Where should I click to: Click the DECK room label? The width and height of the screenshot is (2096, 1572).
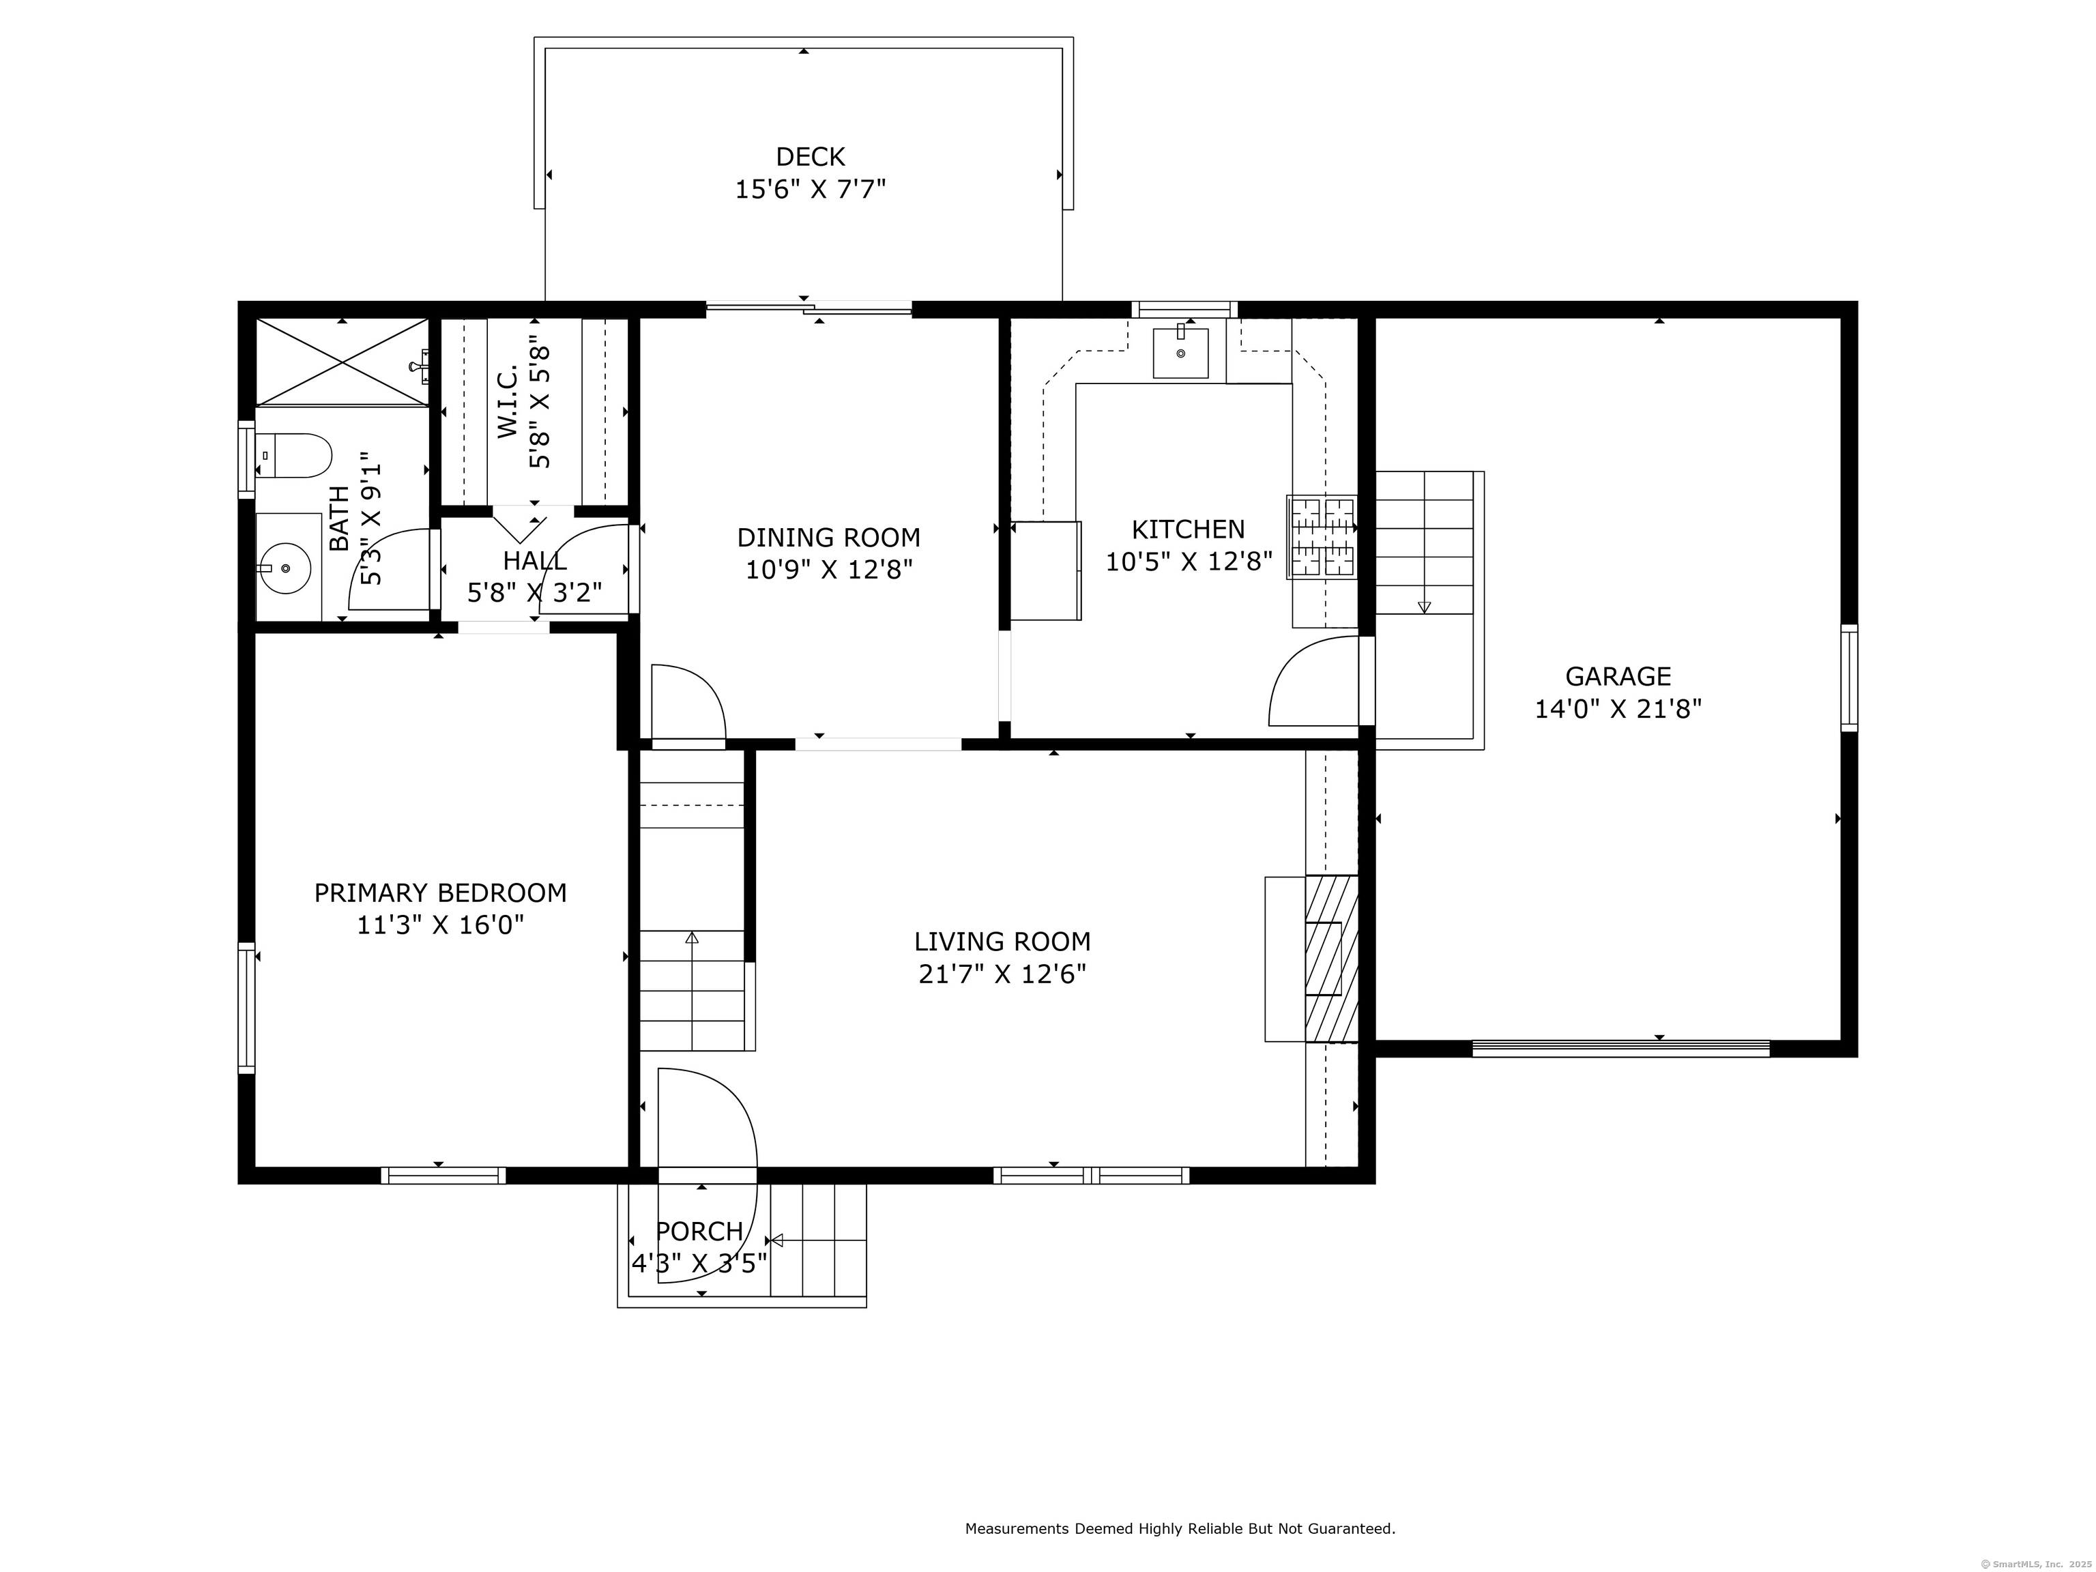point(810,156)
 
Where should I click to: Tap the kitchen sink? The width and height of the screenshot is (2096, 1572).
point(1180,353)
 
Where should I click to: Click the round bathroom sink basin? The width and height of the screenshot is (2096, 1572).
point(285,568)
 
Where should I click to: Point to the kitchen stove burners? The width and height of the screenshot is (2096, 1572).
point(1322,537)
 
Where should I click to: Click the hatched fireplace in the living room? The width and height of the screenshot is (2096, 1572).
point(1331,958)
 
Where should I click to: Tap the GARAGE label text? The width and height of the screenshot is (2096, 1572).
point(1618,677)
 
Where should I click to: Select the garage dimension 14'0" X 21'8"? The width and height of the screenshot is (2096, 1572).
point(1618,709)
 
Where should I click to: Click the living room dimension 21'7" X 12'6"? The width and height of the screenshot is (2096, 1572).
point(1002,974)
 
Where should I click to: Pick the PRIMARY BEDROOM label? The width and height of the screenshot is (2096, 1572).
point(441,892)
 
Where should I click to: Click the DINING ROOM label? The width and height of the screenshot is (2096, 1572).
point(829,537)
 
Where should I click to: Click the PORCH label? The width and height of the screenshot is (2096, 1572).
point(699,1231)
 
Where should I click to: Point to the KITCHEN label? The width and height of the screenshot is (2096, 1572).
point(1189,529)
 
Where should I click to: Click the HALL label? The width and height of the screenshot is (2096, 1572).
point(536,560)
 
